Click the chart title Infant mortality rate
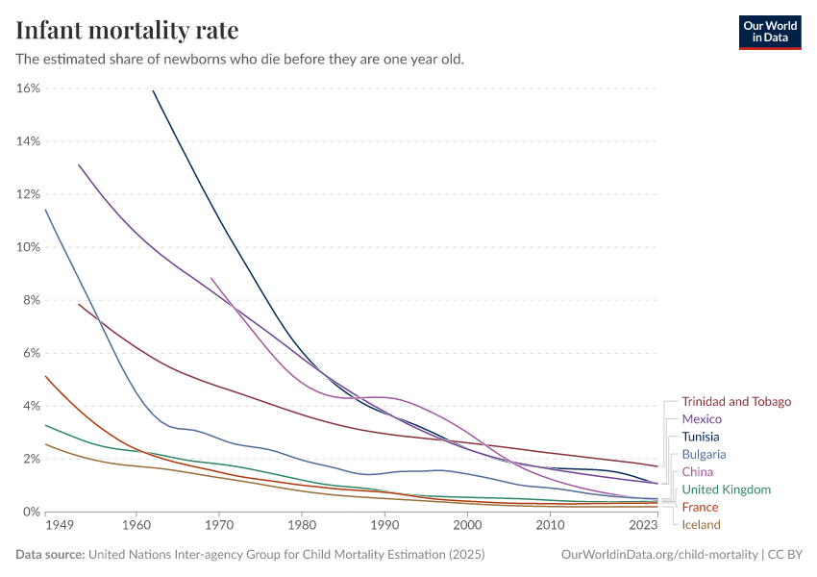[x=127, y=30]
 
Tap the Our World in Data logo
[x=769, y=32]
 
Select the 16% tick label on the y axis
[x=28, y=88]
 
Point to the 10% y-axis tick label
[x=28, y=247]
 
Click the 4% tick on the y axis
[x=32, y=406]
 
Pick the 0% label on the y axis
[x=32, y=512]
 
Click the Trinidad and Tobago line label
[x=736, y=402]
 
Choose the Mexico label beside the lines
[x=702, y=419]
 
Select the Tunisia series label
[x=701, y=437]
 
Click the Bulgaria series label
[x=704, y=454]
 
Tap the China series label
[x=698, y=472]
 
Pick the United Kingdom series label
[x=726, y=489]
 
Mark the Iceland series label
[x=701, y=525]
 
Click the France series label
[x=700, y=507]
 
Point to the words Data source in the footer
[x=50, y=555]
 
